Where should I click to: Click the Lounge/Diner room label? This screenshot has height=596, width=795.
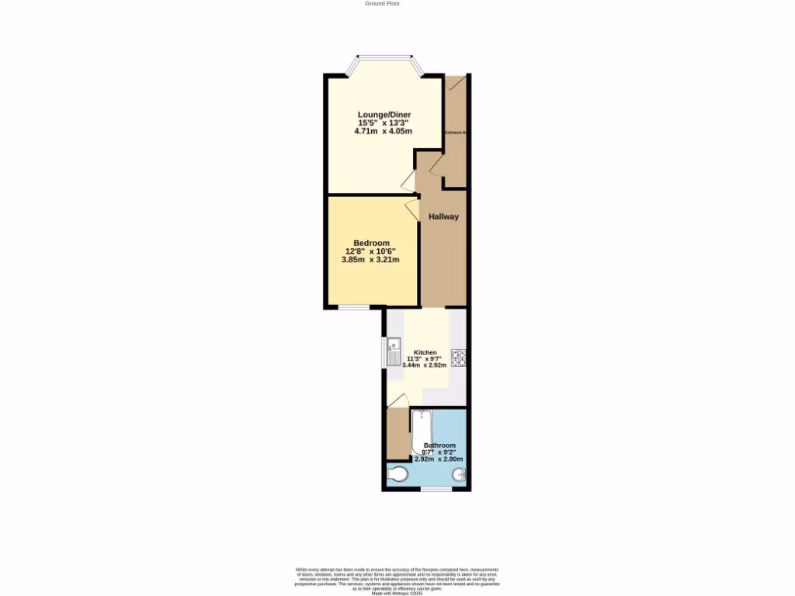coord(384,115)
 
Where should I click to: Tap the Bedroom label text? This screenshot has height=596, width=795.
coord(371,243)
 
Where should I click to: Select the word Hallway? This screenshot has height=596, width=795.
coord(444,217)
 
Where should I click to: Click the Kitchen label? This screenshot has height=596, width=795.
coord(425,352)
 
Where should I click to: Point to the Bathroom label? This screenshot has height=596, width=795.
coord(439,445)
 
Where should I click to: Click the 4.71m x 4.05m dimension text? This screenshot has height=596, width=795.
coord(384,131)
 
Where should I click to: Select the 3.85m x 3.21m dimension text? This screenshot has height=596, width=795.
coord(371,259)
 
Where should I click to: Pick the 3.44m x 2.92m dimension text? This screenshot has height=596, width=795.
coord(425,365)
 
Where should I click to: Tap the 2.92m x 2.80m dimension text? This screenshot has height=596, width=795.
coord(439,459)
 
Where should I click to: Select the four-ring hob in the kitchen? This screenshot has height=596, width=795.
coord(458,357)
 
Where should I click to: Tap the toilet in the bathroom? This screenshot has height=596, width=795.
coord(397,475)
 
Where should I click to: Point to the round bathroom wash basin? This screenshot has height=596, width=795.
coord(458,474)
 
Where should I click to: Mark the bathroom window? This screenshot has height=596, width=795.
coord(436,489)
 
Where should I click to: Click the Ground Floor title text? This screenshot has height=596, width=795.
coord(383,4)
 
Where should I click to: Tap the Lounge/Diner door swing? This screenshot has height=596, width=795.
coord(408,182)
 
